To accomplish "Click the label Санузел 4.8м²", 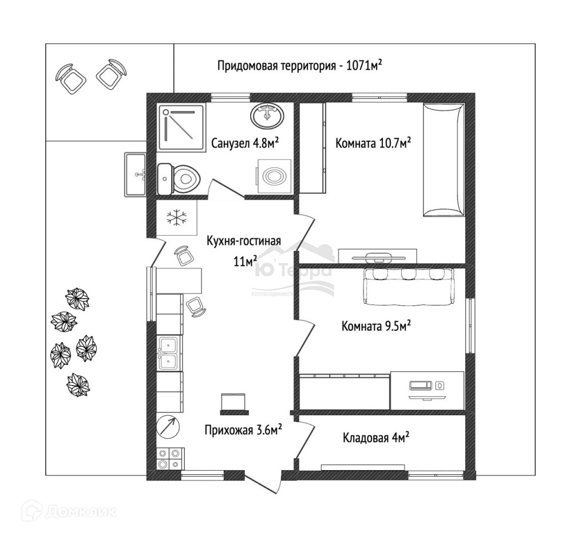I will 245,143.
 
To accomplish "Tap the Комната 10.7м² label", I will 373,143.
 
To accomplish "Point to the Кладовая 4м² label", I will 375,438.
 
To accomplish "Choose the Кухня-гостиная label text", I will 244,241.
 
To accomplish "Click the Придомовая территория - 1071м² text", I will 299,65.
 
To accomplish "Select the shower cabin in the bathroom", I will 181,128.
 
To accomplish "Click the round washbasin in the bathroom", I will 267,116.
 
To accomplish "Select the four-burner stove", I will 169,458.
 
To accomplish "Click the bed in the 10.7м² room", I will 443,160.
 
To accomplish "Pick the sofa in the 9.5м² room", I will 409,284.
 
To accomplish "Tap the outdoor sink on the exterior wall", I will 136,174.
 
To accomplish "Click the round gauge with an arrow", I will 167,426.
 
